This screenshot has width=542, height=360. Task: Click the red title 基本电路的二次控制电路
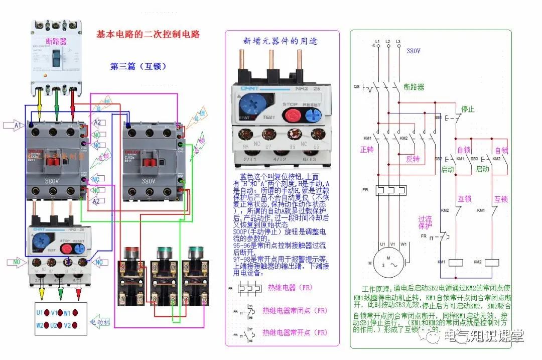[148, 35]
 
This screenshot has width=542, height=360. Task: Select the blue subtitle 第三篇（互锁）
[138, 66]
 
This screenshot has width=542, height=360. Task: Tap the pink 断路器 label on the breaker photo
[56, 41]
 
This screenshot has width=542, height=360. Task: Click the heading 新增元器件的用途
[280, 41]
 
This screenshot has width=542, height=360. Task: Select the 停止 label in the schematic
[468, 109]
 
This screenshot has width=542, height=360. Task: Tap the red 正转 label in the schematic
[367, 150]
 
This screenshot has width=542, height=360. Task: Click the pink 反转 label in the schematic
[413, 159]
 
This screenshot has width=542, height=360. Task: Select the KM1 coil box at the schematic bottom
[456, 262]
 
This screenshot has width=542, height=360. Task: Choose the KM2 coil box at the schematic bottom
[492, 262]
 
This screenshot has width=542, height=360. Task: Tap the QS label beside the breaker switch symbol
[356, 86]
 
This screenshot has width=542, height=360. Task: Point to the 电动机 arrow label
[100, 322]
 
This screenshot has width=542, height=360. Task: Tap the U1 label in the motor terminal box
[40, 312]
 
